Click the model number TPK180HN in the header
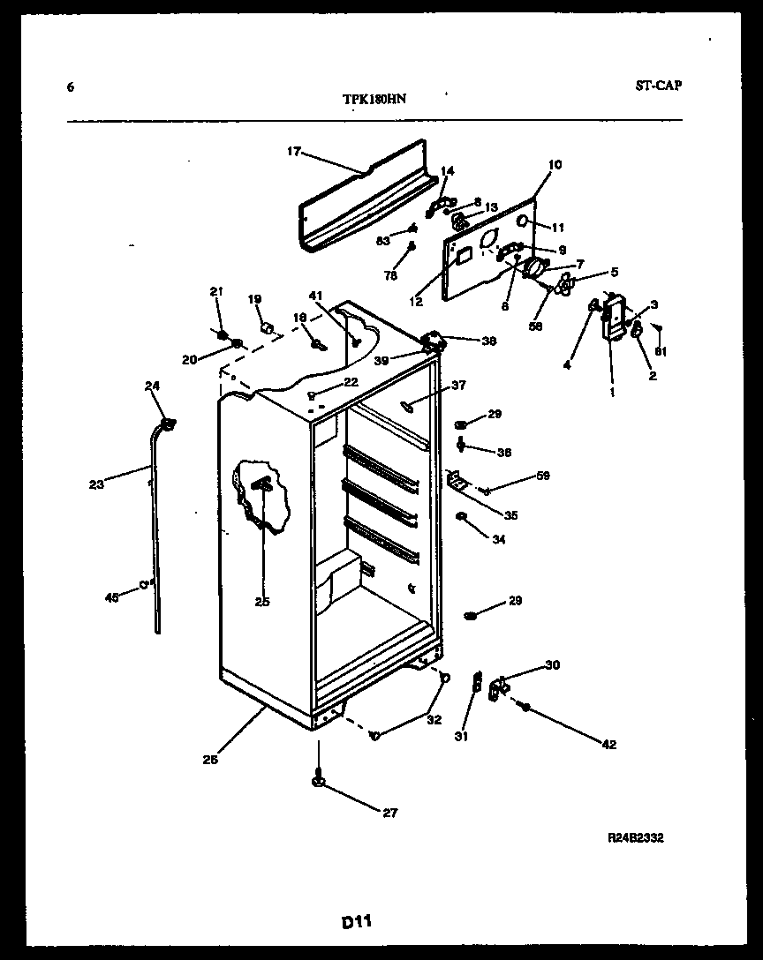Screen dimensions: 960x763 pyautogui.click(x=374, y=100)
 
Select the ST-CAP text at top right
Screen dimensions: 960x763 pyautogui.click(x=658, y=86)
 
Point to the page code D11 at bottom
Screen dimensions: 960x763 pyautogui.click(x=356, y=922)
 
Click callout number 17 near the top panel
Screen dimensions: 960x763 pyautogui.click(x=293, y=152)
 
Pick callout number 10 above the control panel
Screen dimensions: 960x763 pyautogui.click(x=555, y=164)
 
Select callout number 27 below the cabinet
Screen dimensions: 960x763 pyautogui.click(x=389, y=813)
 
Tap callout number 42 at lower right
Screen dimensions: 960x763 pyautogui.click(x=608, y=745)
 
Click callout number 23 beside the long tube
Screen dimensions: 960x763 pyautogui.click(x=96, y=484)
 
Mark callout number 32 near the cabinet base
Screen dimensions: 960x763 pyautogui.click(x=434, y=718)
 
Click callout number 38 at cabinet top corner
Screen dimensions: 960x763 pyautogui.click(x=487, y=341)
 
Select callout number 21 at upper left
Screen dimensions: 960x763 pyautogui.click(x=215, y=291)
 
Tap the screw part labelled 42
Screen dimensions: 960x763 pyautogui.click(x=526, y=708)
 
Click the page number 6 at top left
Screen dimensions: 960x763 pyautogui.click(x=70, y=86)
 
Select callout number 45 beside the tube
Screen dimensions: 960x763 pyautogui.click(x=112, y=597)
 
